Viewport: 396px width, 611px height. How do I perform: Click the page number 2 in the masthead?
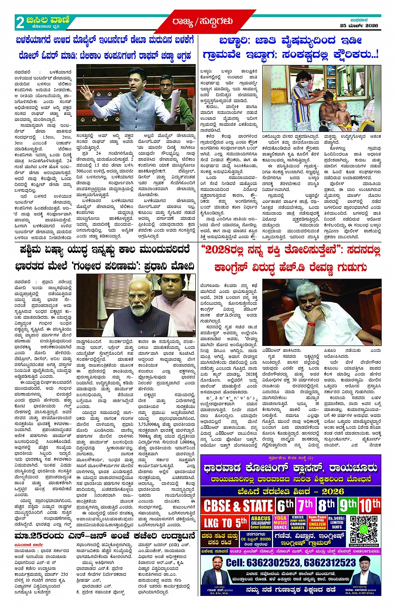point(20,22)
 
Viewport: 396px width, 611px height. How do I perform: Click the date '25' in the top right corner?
point(343,26)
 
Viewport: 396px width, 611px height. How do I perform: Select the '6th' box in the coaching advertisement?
point(285,505)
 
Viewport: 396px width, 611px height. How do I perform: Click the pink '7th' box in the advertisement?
point(306,505)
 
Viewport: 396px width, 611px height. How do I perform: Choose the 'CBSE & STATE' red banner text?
point(238,506)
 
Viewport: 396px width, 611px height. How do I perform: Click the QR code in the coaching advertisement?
point(364,530)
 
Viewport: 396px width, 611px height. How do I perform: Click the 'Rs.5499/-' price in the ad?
point(336,518)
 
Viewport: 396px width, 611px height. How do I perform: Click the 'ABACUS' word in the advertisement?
point(261,518)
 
